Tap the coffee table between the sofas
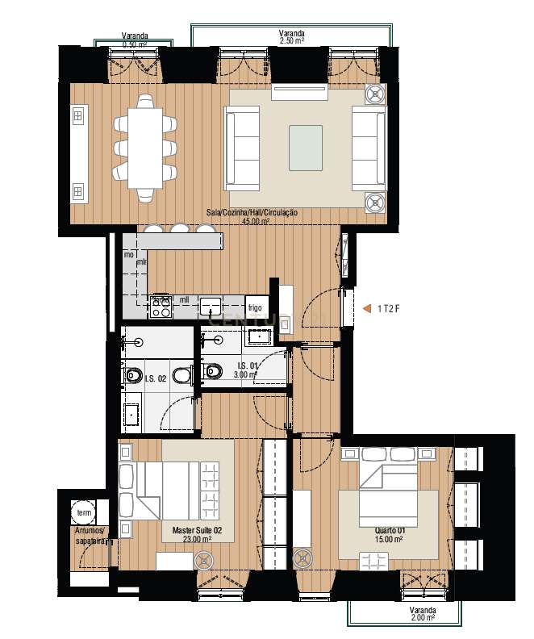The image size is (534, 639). (x=306, y=147)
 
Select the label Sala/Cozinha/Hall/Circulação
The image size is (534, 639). (x=252, y=212)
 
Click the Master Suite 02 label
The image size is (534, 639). (x=191, y=530)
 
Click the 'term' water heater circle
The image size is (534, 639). (x=83, y=512)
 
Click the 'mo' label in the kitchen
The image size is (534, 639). (x=129, y=255)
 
